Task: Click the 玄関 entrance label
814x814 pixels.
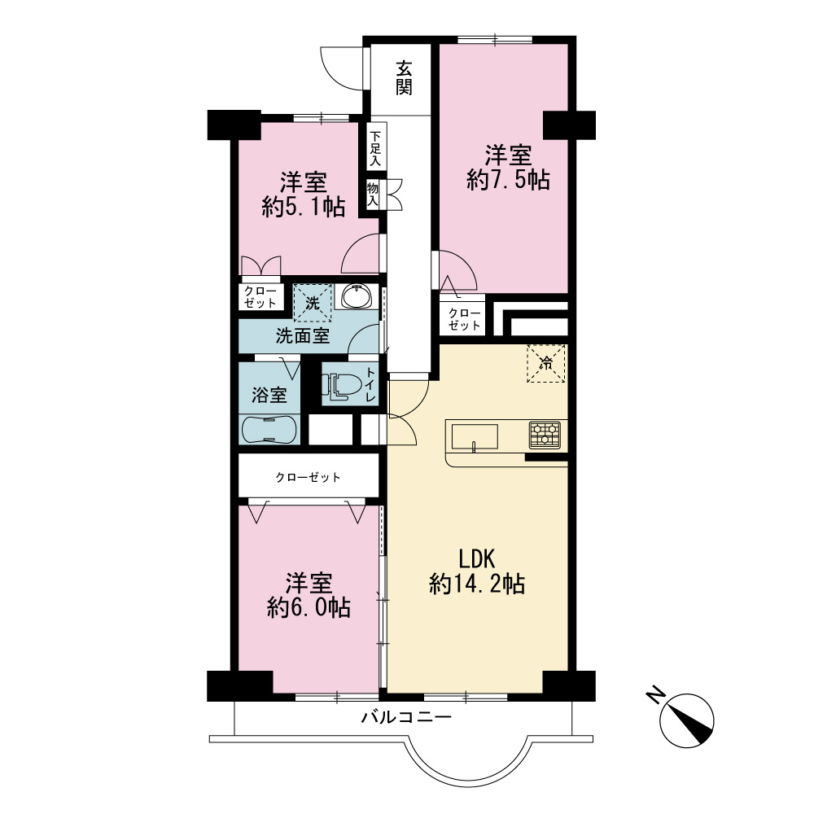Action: coord(404,78)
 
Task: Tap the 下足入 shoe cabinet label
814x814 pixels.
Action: coord(374,148)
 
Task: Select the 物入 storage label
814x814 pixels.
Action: coord(372,195)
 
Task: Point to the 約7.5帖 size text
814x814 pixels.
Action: coord(508,180)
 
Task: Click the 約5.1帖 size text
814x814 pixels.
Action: coord(304,207)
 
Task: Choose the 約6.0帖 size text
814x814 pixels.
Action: coord(309,607)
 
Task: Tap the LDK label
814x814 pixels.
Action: coord(476,559)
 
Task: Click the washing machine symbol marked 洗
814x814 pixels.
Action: coord(313,303)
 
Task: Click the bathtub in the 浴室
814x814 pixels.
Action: coord(269,430)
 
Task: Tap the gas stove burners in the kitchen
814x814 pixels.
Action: coord(545,435)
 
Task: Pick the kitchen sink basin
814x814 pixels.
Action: coord(475,436)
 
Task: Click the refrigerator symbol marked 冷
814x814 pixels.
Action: coord(546,363)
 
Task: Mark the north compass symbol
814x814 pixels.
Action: coord(685,720)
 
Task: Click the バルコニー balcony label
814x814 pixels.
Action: coord(406,717)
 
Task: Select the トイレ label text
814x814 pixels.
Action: coord(370,385)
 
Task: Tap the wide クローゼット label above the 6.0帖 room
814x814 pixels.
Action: coord(309,477)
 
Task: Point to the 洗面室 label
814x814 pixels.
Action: coord(303,336)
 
